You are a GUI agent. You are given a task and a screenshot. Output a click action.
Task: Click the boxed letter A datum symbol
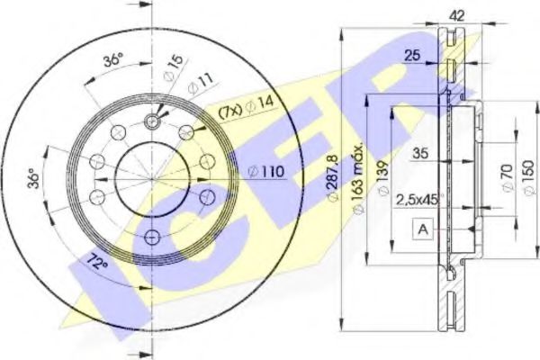(x=421, y=229)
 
